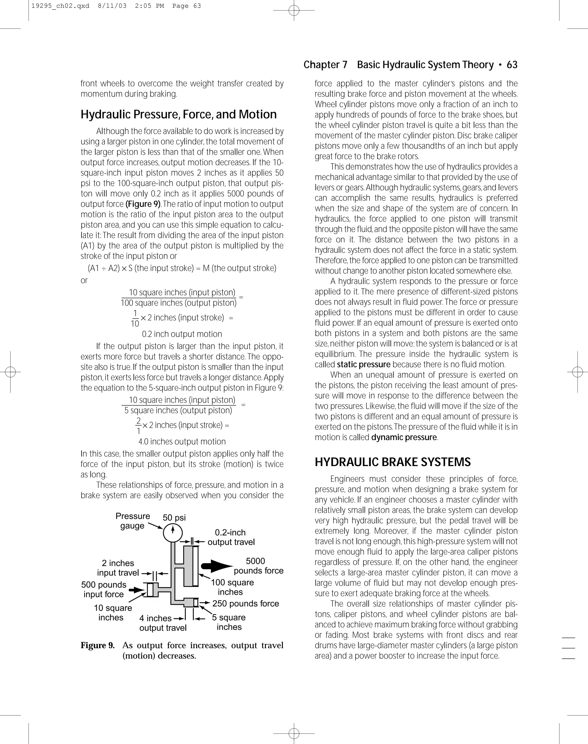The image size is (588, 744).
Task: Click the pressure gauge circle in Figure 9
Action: (x=173, y=532)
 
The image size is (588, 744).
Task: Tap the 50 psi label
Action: (x=174, y=518)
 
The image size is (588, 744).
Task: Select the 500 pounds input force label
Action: (x=104, y=589)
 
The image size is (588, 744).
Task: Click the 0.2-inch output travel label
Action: (x=231, y=537)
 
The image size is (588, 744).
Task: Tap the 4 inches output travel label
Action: (x=163, y=623)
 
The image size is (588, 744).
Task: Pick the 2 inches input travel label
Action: (x=118, y=568)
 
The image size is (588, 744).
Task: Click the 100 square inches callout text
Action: (x=232, y=587)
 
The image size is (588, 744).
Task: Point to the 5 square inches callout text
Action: (x=229, y=622)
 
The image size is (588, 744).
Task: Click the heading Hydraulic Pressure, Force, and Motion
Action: (x=178, y=114)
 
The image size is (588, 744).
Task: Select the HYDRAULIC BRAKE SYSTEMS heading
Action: (x=392, y=462)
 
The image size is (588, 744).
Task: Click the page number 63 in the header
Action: (x=512, y=65)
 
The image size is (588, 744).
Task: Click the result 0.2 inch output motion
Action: (x=182, y=334)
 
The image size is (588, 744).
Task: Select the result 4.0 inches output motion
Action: (x=182, y=441)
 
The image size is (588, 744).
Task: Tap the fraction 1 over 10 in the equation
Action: (x=135, y=318)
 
